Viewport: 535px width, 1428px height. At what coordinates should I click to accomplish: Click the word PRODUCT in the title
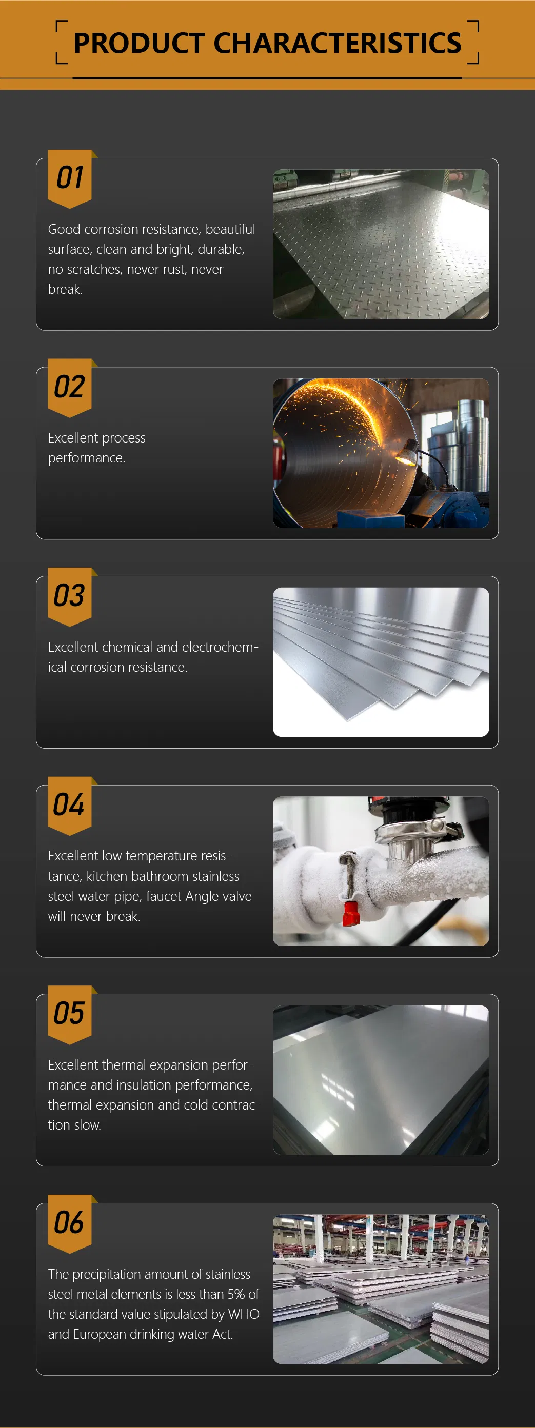click(x=139, y=43)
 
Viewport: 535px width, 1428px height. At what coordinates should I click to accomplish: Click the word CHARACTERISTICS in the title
click(x=337, y=43)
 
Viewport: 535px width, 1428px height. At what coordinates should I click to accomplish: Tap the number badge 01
click(x=70, y=178)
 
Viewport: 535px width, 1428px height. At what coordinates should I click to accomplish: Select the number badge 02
click(x=70, y=387)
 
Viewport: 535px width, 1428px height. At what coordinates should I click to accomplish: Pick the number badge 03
click(x=70, y=596)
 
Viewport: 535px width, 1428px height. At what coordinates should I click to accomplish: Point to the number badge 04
click(x=70, y=805)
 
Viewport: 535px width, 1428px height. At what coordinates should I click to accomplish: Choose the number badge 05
click(x=70, y=1014)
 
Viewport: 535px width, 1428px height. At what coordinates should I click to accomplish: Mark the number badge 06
click(x=70, y=1223)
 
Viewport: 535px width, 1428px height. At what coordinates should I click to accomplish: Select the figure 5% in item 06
click(x=235, y=1294)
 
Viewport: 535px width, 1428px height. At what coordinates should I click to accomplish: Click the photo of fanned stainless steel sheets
click(x=381, y=662)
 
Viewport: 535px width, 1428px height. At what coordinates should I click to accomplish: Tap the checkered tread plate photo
click(x=381, y=244)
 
